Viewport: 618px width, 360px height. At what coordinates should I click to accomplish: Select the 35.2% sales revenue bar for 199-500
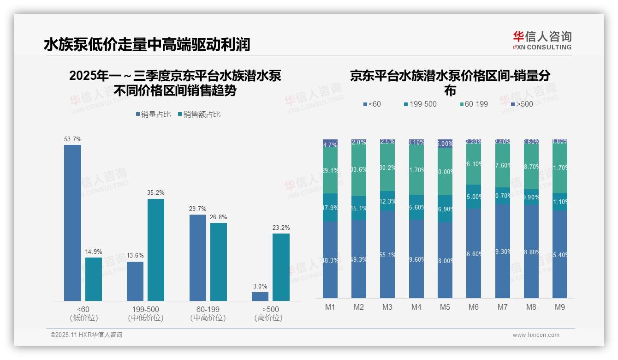pyautogui.click(x=156, y=250)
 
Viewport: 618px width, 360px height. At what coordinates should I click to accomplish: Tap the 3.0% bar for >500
pyautogui.click(x=260, y=296)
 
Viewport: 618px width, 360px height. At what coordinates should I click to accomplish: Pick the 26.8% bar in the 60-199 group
pyautogui.click(x=219, y=262)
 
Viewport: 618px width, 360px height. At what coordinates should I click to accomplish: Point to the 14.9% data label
pyautogui.click(x=94, y=252)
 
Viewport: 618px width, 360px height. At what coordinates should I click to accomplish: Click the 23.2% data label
pyautogui.click(x=281, y=228)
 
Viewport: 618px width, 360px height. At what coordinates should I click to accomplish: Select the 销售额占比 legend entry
pyautogui.click(x=199, y=114)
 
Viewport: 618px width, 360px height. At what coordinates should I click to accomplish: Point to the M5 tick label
pyautogui.click(x=445, y=307)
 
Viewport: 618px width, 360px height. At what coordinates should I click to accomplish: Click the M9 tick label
pyautogui.click(x=559, y=307)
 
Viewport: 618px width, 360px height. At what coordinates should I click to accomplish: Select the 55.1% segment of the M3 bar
pyautogui.click(x=387, y=254)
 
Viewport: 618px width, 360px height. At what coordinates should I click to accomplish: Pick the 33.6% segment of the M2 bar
pyautogui.click(x=359, y=170)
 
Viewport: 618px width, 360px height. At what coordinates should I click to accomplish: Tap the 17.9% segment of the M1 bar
pyautogui.click(x=330, y=208)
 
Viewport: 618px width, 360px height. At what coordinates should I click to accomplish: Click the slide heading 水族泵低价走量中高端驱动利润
pyautogui.click(x=147, y=45)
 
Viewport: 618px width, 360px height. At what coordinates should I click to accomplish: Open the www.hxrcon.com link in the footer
pyautogui.click(x=536, y=335)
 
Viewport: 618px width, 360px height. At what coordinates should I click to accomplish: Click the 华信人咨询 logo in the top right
pyautogui.click(x=542, y=40)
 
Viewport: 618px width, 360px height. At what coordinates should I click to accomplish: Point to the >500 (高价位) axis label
pyautogui.click(x=268, y=313)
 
